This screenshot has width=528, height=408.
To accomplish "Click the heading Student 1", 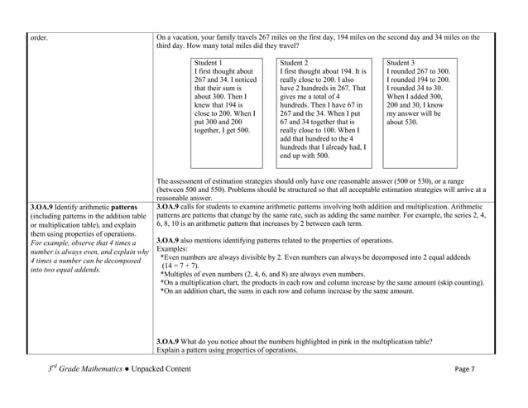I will click(208, 63).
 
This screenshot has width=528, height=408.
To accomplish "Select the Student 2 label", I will click(294, 63).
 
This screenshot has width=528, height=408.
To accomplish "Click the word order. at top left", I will click(38, 37).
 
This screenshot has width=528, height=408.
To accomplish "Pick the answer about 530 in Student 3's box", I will click(402, 121).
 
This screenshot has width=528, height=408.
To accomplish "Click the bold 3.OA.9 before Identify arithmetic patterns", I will click(43, 206).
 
